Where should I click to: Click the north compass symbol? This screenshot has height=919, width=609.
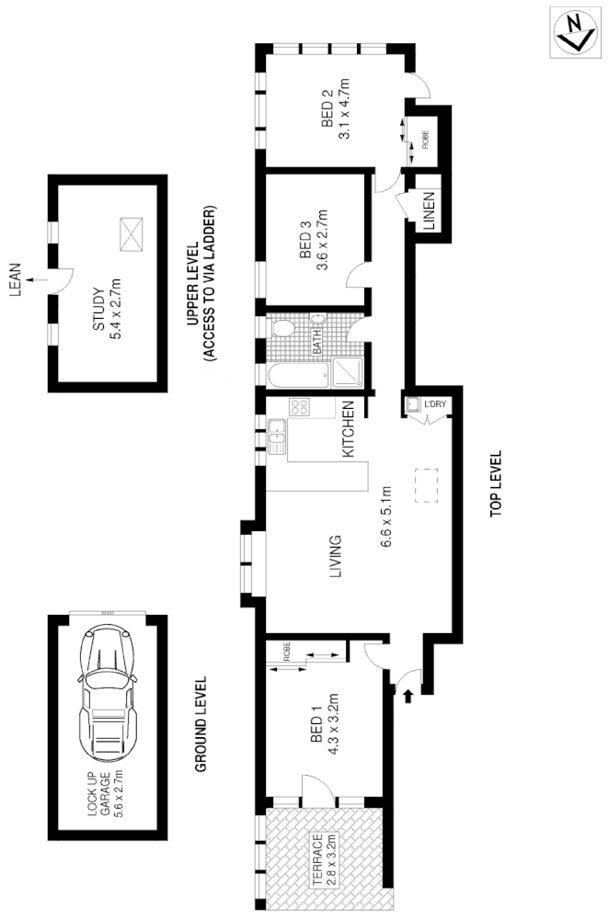(x=576, y=33)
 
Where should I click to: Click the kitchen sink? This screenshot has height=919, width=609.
(x=276, y=436)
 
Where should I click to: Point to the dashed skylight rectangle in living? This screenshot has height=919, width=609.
(x=427, y=484)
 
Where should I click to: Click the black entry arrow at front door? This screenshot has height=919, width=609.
(x=408, y=698)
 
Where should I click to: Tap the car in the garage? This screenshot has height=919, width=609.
(x=107, y=686)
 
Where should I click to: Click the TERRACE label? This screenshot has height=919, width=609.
(x=317, y=859)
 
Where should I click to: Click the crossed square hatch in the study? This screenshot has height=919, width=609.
(x=131, y=233)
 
